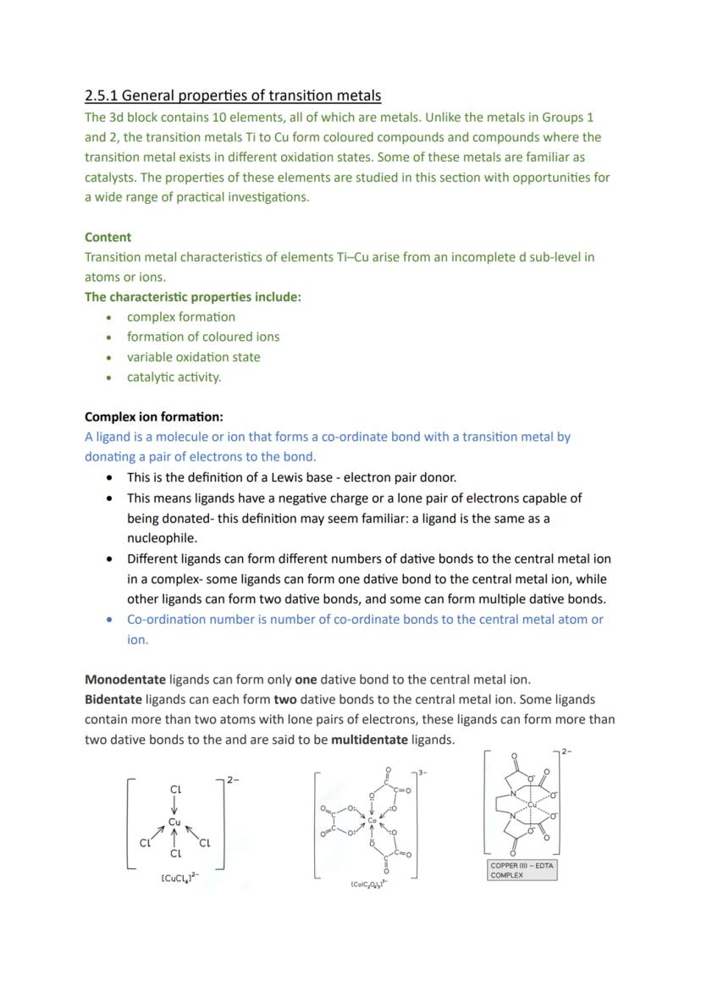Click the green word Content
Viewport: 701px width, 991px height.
pyautogui.click(x=108, y=237)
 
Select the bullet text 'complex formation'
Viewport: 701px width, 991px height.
pyautogui.click(x=181, y=317)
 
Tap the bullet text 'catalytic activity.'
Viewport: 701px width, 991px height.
pyautogui.click(x=174, y=377)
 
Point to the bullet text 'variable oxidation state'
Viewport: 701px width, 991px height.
pyautogui.click(x=193, y=357)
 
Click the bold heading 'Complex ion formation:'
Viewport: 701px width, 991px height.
pyautogui.click(x=154, y=417)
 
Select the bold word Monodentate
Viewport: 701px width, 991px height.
pyautogui.click(x=125, y=680)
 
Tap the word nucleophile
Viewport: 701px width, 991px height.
pyautogui.click(x=162, y=538)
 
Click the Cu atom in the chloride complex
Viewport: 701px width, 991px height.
pyautogui.click(x=174, y=822)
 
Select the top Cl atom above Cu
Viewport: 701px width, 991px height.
pyautogui.click(x=175, y=789)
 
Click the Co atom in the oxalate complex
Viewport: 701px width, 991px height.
pyautogui.click(x=372, y=821)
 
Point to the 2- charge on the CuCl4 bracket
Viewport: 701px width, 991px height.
pyautogui.click(x=233, y=779)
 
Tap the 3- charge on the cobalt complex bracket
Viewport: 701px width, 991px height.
pyautogui.click(x=422, y=773)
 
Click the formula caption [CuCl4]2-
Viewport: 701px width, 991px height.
pyautogui.click(x=179, y=878)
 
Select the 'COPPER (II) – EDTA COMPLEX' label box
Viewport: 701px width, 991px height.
pyautogui.click(x=522, y=870)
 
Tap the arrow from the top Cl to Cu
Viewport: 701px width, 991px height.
pyautogui.click(x=174, y=805)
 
